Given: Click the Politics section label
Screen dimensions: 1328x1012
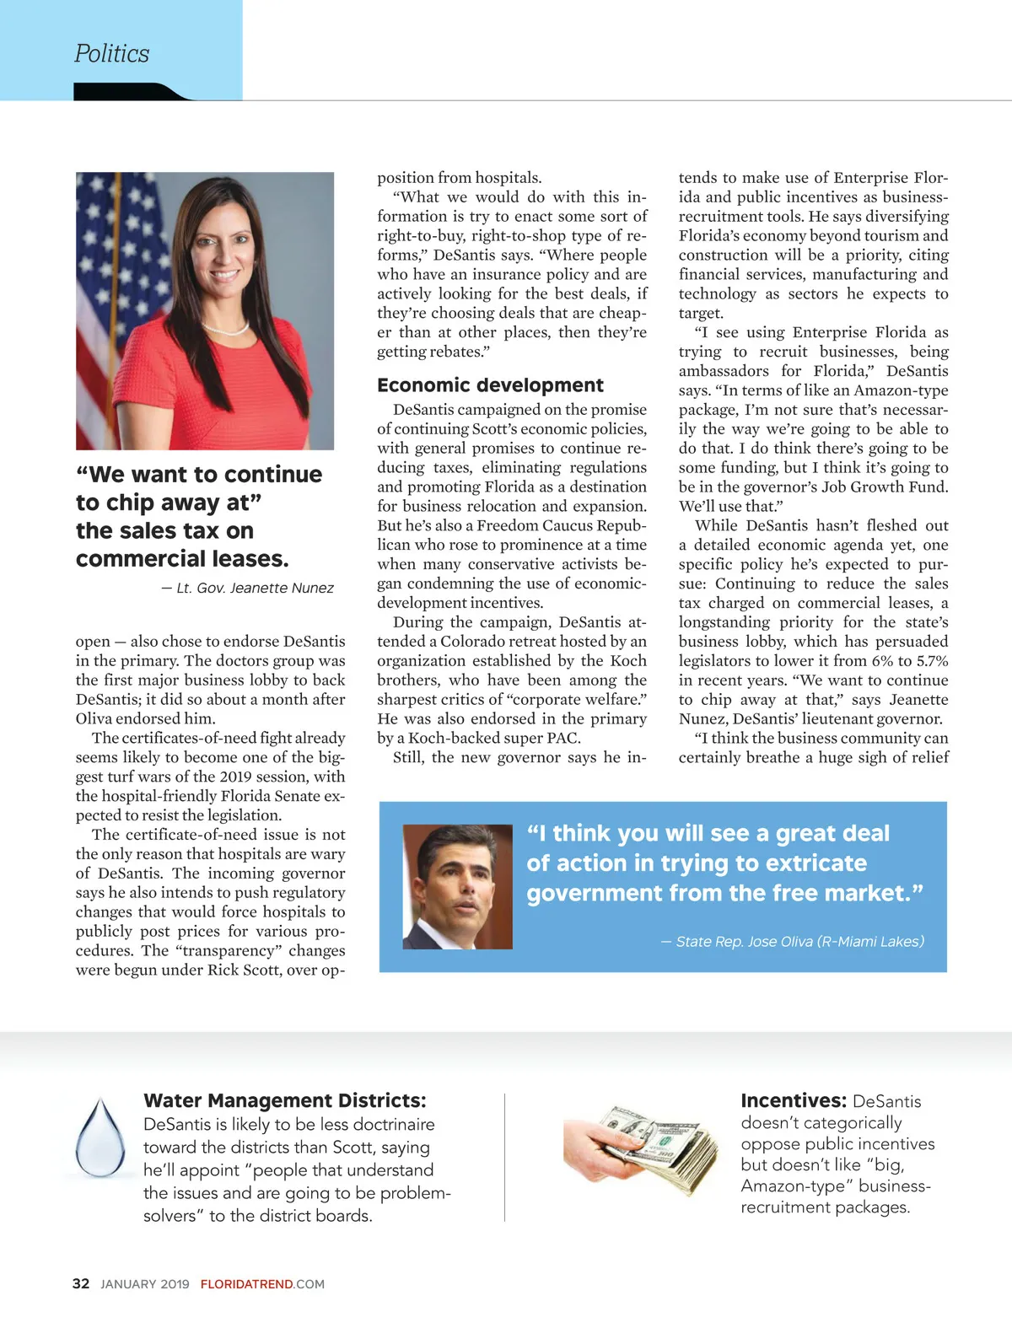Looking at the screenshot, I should tap(111, 54).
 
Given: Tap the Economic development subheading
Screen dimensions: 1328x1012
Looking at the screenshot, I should tap(490, 385).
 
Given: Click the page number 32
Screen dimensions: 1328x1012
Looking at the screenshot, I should tap(81, 1283).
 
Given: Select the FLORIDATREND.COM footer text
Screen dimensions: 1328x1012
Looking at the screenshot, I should tap(262, 1284).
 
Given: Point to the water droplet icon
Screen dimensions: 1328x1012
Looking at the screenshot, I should tap(100, 1138).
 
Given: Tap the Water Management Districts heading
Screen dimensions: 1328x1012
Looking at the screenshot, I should tap(284, 1100).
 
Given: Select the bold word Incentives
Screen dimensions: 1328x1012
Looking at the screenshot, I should tap(793, 1100).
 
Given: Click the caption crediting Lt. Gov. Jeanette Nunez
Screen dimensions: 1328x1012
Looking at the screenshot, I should tap(247, 588).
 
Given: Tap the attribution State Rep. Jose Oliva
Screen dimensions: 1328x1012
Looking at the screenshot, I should tap(792, 941).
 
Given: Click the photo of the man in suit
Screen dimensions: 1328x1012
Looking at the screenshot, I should tap(458, 886).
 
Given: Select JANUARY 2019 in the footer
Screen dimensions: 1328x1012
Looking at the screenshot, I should tap(145, 1284).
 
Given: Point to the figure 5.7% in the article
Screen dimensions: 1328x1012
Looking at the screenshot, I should tap(931, 661).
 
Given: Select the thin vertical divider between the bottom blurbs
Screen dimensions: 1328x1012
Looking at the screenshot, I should tap(505, 1157).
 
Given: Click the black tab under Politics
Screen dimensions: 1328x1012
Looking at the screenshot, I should tap(131, 93).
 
